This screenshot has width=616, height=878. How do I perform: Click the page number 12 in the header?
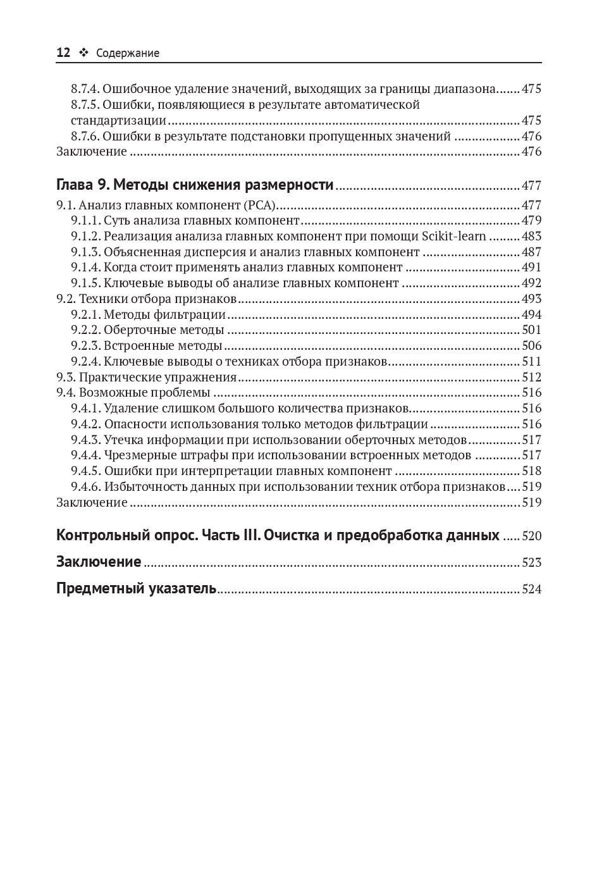(x=63, y=53)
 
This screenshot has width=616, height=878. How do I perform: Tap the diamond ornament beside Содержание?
(x=83, y=53)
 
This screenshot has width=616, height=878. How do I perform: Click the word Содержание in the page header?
(x=128, y=54)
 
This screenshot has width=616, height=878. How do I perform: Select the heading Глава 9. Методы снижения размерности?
(x=195, y=185)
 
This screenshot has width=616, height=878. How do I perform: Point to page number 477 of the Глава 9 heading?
(x=531, y=186)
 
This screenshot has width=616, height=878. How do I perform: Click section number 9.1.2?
(x=85, y=237)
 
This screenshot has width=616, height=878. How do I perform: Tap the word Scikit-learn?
(x=453, y=237)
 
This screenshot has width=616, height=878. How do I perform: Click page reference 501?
(x=531, y=330)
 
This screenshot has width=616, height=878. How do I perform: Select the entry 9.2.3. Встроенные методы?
(x=146, y=346)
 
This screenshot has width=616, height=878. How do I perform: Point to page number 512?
(x=531, y=378)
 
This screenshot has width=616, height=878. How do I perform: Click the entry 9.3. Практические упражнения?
(x=146, y=378)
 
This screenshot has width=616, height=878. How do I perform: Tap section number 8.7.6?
(x=85, y=137)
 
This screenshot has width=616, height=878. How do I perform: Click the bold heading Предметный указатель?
(x=136, y=589)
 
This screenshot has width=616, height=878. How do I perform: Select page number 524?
(x=531, y=590)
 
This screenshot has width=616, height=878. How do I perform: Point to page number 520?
(x=531, y=536)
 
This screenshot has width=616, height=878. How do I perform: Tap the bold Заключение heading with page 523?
(x=99, y=562)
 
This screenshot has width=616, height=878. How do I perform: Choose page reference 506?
(x=531, y=346)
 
